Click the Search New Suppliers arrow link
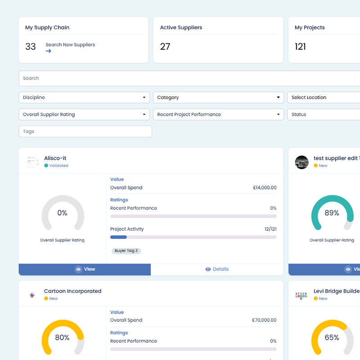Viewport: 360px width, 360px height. [48, 51]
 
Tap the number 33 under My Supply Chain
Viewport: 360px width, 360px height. [31, 47]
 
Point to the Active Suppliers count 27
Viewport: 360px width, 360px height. [165, 47]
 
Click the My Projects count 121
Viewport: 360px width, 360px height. [300, 47]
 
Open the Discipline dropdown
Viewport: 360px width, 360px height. [84, 97]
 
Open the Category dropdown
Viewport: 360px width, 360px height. [219, 97]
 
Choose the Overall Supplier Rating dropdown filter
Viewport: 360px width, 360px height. [84, 114]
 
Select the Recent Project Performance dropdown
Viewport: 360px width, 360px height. [219, 114]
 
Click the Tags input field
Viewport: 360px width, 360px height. [85, 131]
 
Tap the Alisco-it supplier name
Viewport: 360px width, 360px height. [55, 158]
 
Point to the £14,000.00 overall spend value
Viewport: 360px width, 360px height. [265, 188]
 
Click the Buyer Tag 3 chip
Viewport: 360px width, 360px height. [126, 251]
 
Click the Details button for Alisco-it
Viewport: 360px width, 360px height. [217, 269]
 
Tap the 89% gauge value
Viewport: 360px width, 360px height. [332, 213]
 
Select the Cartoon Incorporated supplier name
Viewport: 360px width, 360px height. [73, 291]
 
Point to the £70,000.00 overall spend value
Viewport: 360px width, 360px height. [264, 320]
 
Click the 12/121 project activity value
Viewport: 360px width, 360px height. [270, 229]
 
